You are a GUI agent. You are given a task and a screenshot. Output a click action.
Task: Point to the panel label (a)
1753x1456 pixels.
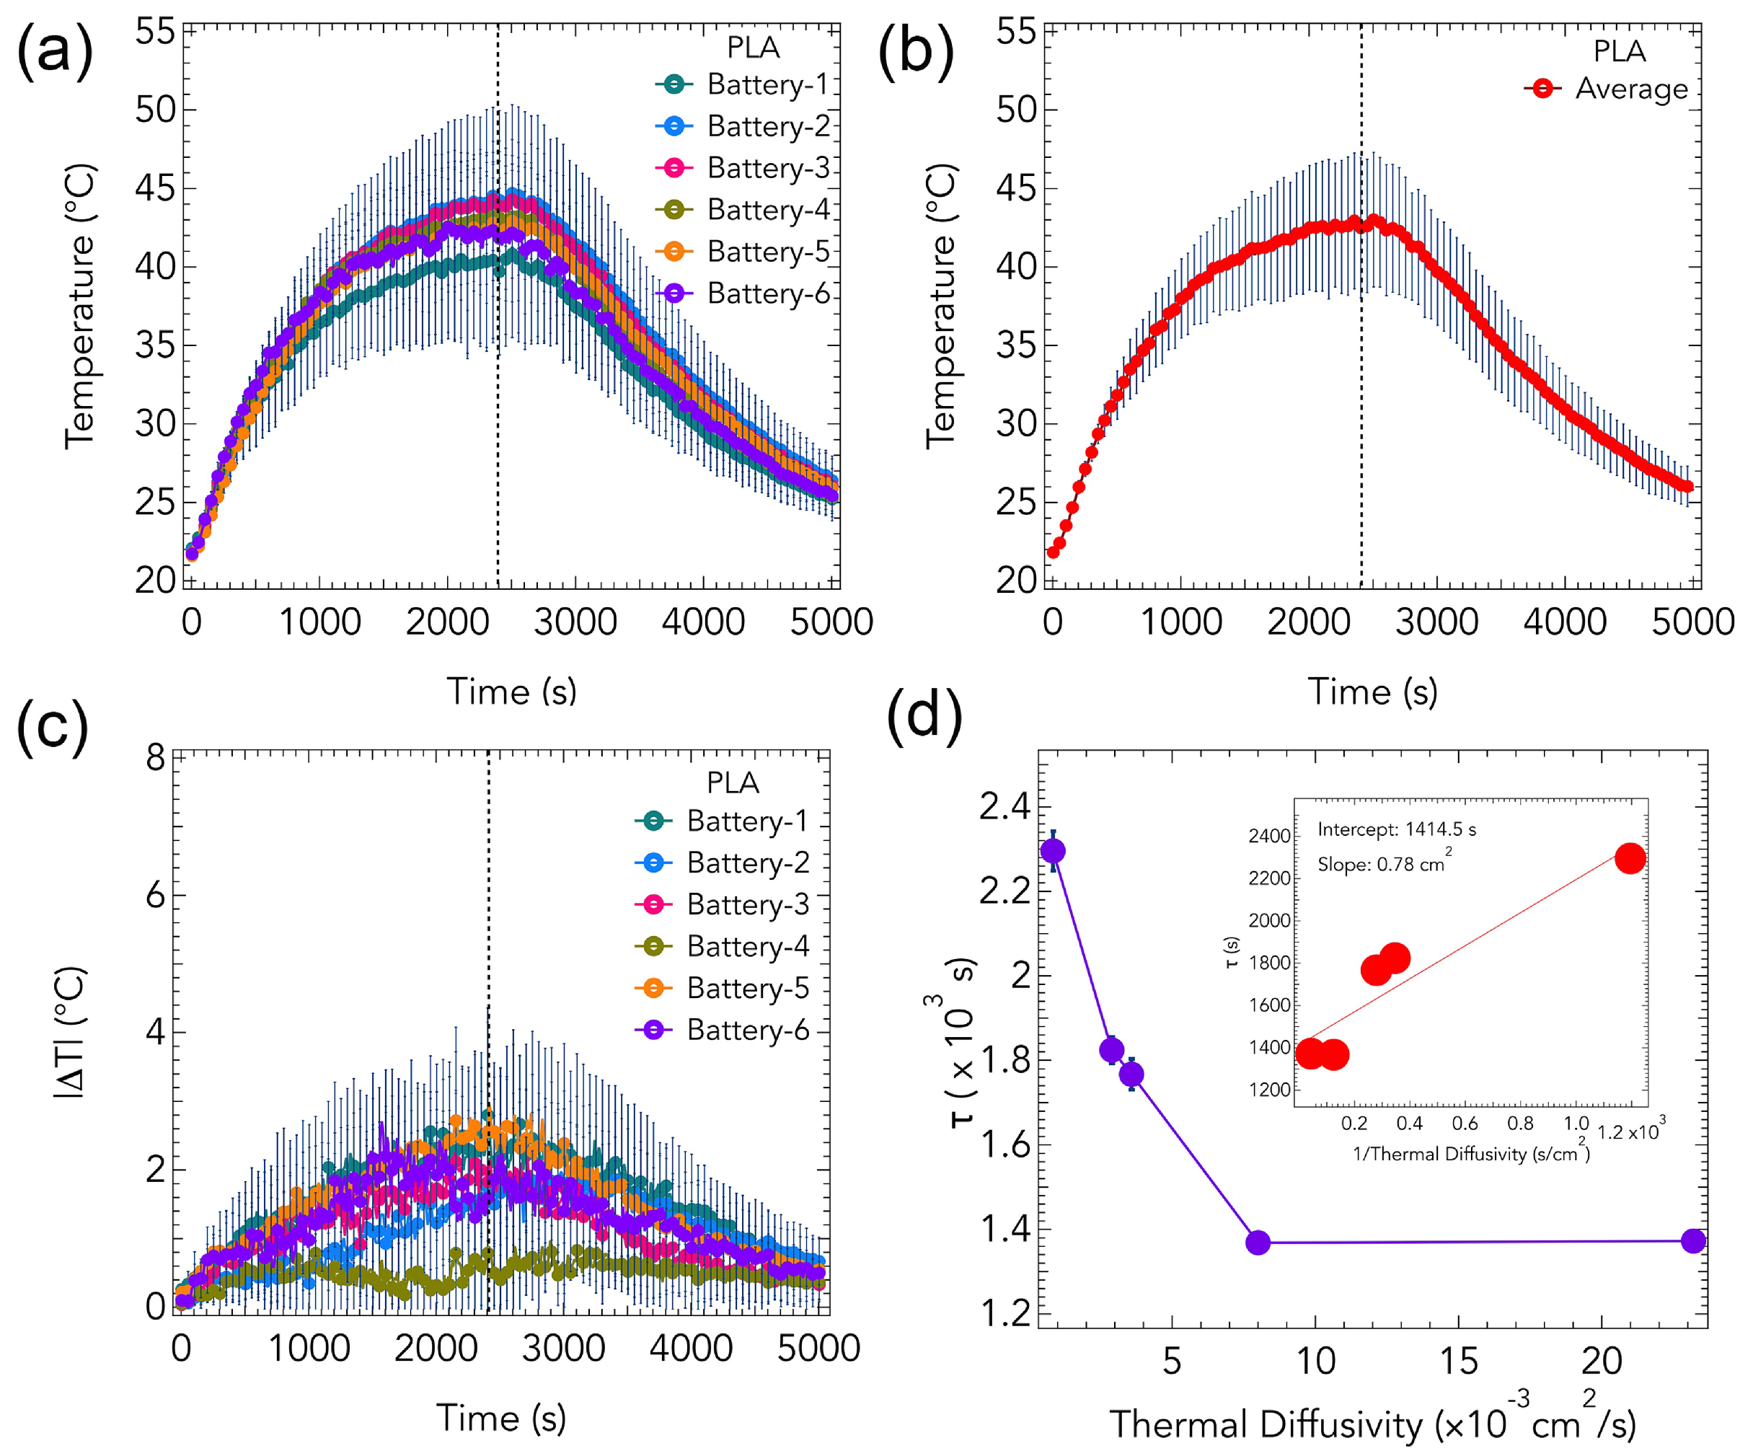tap(54, 52)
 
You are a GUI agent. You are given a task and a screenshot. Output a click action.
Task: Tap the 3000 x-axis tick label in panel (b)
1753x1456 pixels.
tap(1436, 622)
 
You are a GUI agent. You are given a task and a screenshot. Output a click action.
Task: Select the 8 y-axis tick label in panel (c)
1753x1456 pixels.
tap(156, 757)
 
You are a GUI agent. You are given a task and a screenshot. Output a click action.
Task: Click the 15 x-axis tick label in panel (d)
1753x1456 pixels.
tap(1458, 1361)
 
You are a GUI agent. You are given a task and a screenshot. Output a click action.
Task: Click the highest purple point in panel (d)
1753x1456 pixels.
tap(1054, 851)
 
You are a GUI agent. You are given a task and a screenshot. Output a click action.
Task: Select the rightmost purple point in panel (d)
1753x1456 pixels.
tap(1693, 1240)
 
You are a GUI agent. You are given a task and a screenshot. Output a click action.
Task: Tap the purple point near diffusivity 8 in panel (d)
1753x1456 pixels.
tap(1258, 1243)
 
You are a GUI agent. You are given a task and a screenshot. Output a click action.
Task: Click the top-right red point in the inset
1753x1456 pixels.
tap(1630, 858)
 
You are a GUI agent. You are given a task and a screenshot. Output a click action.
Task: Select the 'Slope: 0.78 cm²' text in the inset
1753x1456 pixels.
tap(1383, 864)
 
